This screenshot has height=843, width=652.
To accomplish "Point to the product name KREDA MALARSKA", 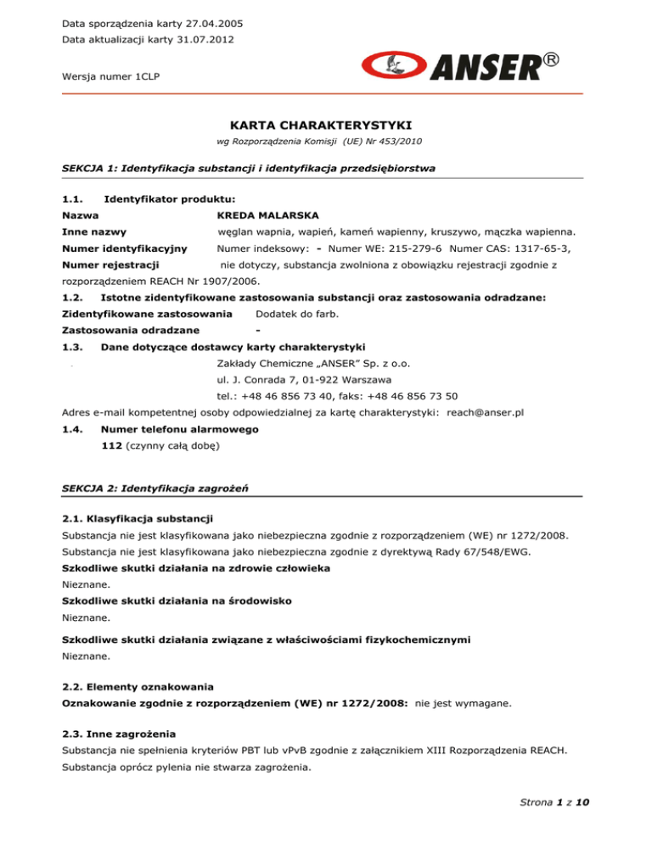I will (260, 216).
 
